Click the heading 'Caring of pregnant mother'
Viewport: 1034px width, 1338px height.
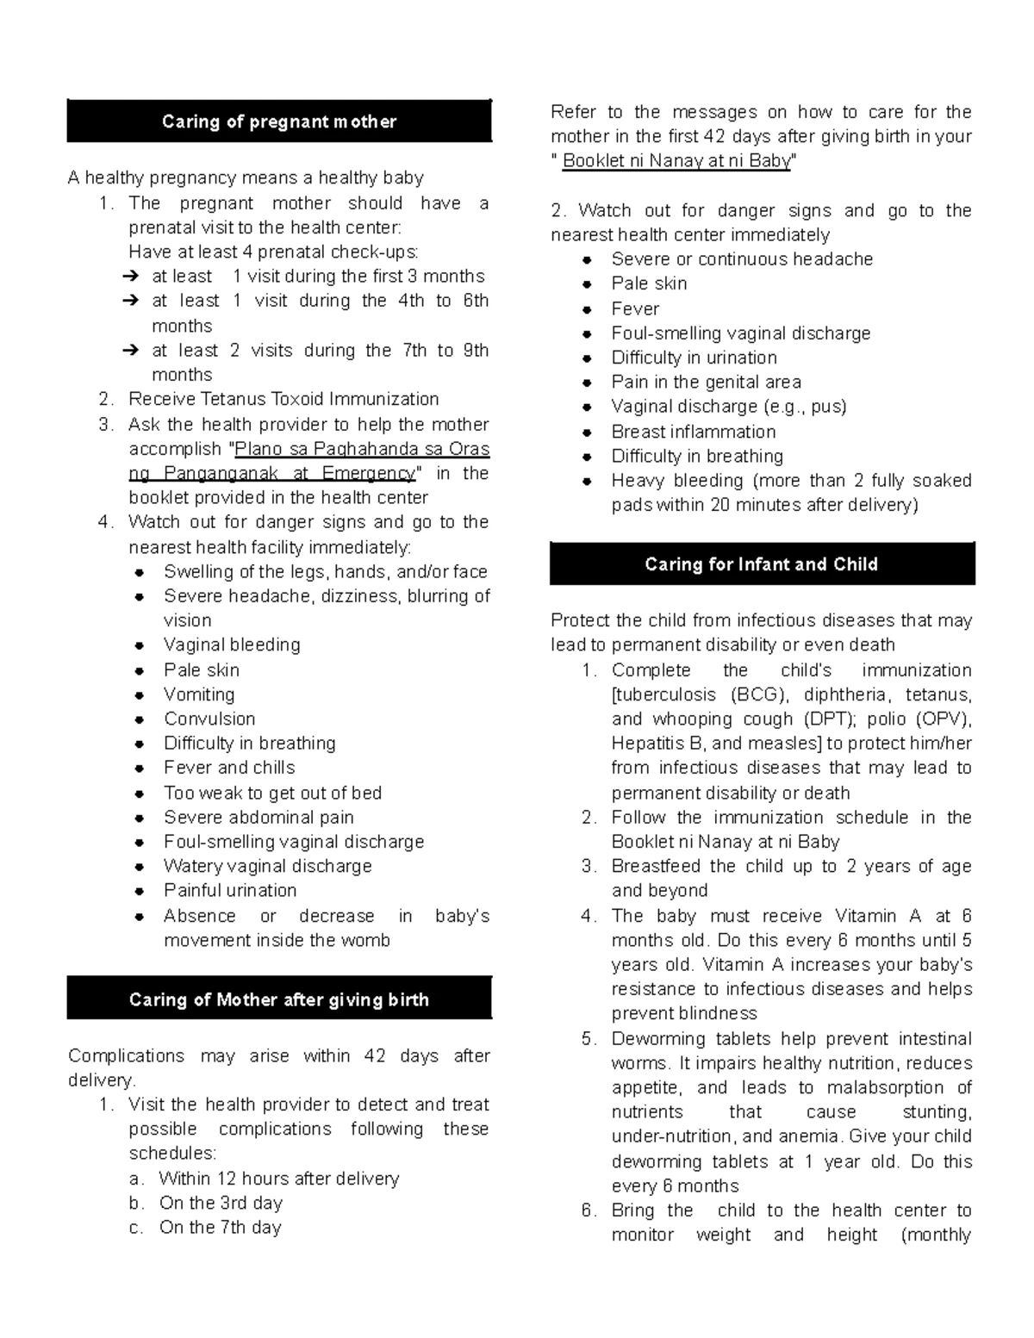coord(278,121)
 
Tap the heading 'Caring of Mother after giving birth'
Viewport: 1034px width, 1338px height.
coord(278,999)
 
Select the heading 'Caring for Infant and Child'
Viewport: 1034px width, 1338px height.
coord(761,564)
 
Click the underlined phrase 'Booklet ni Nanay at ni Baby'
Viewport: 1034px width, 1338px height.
coord(676,160)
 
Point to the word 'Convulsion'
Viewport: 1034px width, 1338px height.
coord(209,719)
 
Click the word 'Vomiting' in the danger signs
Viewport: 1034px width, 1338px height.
coord(199,694)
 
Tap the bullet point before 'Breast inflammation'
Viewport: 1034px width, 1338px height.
coord(587,433)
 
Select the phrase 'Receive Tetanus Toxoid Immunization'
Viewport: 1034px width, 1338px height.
coord(283,399)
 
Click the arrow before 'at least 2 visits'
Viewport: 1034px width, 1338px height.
coord(131,351)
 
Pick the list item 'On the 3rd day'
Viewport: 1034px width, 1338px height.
coord(221,1203)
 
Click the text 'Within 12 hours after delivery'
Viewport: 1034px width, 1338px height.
coord(279,1178)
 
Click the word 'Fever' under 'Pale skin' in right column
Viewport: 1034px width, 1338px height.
coord(635,308)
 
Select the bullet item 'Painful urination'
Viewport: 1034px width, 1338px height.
coord(230,890)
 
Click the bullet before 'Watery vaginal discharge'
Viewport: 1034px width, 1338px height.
coord(140,867)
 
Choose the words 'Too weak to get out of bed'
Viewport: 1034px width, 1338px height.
coord(272,793)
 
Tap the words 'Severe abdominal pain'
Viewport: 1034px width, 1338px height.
coord(258,817)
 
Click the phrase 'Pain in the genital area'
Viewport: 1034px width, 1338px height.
coord(706,382)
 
